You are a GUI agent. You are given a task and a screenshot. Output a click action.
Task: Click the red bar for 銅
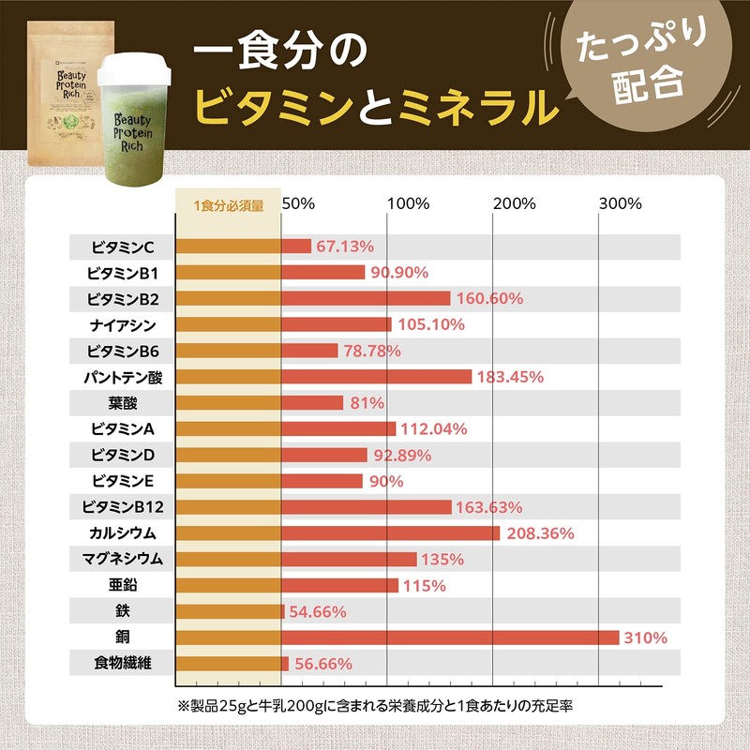[450, 637]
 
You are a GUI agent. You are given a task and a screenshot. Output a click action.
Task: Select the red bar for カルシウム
[390, 533]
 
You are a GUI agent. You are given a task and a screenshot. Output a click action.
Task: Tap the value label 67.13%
[345, 247]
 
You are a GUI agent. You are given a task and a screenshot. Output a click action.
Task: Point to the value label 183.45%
[510, 377]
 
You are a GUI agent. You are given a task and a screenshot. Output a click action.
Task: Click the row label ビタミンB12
[123, 507]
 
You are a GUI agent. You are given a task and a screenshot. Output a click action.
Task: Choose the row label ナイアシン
[123, 324]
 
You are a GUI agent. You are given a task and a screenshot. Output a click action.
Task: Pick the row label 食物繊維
[123, 664]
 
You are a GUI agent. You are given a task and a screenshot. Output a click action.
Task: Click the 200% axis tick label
[514, 202]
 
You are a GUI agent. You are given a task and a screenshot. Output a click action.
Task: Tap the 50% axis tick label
[299, 202]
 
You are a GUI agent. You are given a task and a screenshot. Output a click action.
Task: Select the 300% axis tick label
[620, 202]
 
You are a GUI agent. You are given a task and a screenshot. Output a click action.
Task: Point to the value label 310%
[646, 637]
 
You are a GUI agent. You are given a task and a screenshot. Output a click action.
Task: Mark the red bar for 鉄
[282, 611]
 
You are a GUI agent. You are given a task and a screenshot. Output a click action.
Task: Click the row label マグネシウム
[123, 559]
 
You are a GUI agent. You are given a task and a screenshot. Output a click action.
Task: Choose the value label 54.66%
[318, 611]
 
